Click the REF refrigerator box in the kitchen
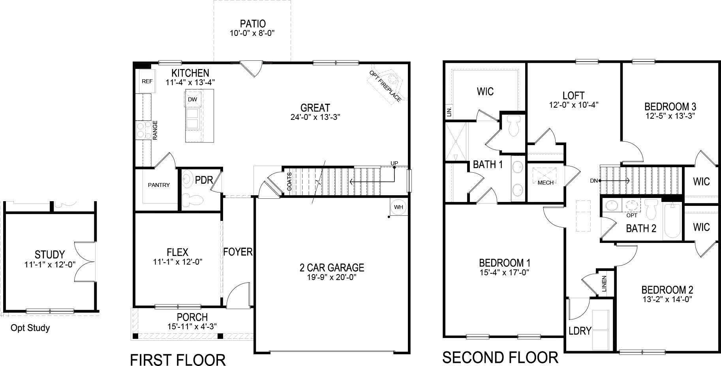click(147, 82)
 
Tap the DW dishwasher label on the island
click(192, 99)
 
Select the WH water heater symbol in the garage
click(398, 207)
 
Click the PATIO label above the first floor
click(252, 24)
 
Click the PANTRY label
click(159, 185)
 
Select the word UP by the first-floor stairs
click(394, 163)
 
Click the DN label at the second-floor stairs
click(593, 181)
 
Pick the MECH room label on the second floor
click(545, 183)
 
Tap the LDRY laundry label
click(580, 331)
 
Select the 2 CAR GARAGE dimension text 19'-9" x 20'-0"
click(331, 277)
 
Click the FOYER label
click(238, 252)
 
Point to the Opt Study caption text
click(30, 328)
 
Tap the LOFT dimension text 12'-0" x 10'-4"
click(573, 105)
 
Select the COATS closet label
click(289, 181)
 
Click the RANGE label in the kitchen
click(155, 130)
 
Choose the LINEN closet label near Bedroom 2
click(604, 284)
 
